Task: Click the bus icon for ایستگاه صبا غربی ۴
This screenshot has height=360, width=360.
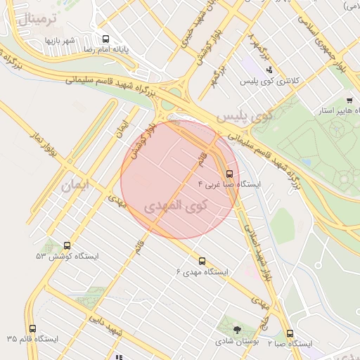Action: pos(229,173)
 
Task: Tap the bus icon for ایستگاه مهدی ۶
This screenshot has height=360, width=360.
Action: pos(202,261)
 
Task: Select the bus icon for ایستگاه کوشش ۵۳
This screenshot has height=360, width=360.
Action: pos(67,246)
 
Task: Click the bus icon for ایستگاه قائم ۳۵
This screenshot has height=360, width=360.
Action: pos(32,328)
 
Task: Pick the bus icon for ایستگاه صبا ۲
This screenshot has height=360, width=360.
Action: pos(290,334)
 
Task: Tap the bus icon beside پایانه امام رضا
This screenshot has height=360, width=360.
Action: pos(105,39)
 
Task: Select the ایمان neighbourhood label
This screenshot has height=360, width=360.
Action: pos(76,186)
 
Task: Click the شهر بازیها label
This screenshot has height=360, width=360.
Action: pos(60,40)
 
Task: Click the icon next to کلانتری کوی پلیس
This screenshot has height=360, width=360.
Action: pos(269,70)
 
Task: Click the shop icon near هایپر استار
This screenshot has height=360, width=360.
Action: pos(349,101)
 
